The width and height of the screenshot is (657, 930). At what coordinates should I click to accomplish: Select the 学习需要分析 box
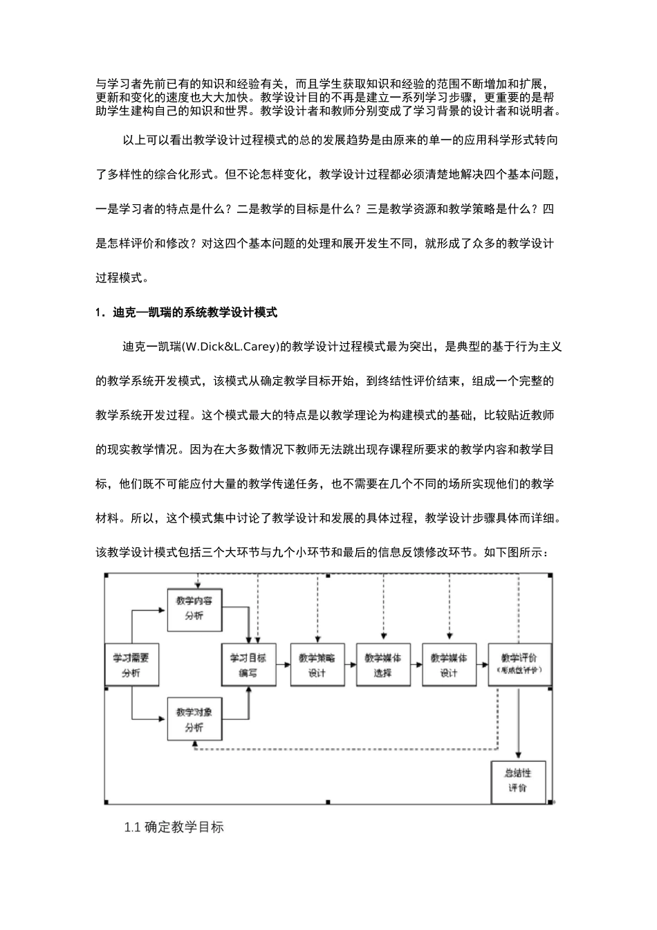click(131, 665)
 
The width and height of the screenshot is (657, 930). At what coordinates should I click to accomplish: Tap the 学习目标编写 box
click(248, 665)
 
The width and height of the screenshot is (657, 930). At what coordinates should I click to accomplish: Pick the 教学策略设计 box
click(317, 665)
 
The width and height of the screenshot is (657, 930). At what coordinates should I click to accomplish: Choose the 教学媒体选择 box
click(382, 665)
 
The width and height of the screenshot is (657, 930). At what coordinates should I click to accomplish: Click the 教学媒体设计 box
click(449, 665)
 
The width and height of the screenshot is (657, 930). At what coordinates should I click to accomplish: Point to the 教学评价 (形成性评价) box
click(519, 665)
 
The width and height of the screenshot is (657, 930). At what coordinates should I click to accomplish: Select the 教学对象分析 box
click(194, 720)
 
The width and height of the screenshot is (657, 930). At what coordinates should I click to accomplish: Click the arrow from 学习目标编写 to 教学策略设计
click(282, 663)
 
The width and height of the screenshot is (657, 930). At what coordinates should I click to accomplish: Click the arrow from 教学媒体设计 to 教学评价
click(481, 663)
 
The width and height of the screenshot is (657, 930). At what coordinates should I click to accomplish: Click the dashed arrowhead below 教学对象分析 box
click(195, 745)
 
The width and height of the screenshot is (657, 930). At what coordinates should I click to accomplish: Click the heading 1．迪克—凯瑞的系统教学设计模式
click(186, 313)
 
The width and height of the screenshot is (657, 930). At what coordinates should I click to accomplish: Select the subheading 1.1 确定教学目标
click(174, 827)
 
